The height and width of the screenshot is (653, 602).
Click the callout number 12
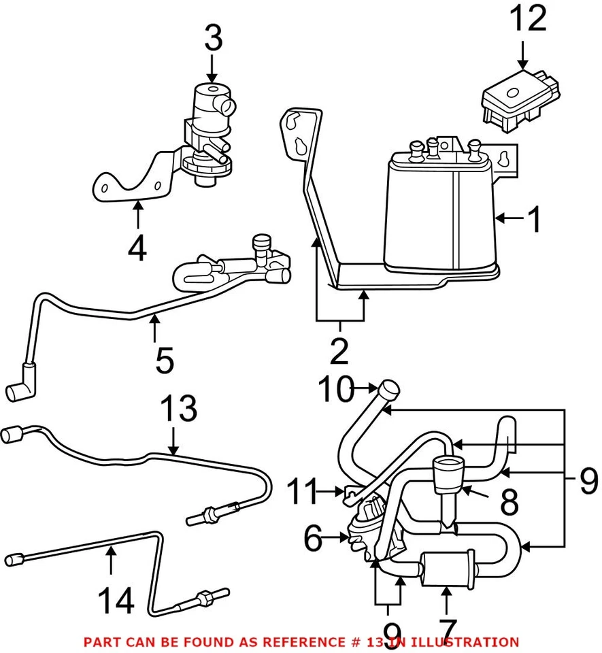528,20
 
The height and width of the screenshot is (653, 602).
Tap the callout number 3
213,39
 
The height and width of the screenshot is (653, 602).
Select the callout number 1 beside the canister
536,220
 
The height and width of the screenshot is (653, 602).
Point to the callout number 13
179,411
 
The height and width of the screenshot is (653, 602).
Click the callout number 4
137,248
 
